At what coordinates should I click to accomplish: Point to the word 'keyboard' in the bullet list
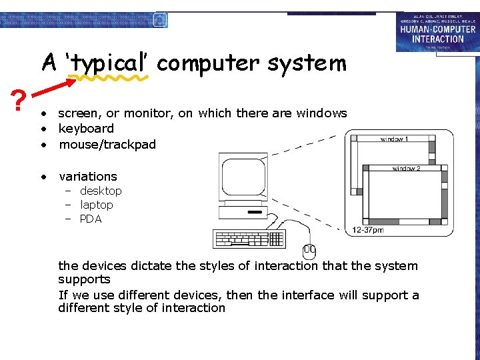(x=86, y=129)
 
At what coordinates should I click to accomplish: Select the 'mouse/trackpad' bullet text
(x=107, y=144)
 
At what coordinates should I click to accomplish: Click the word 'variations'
(x=88, y=177)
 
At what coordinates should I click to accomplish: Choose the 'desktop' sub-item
(x=101, y=191)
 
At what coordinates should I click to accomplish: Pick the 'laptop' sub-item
(x=97, y=205)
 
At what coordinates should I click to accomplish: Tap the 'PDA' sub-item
(x=91, y=219)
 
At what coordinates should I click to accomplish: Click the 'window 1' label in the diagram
(x=395, y=139)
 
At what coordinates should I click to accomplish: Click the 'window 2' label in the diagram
(x=407, y=169)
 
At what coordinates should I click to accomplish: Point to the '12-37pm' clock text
(x=369, y=230)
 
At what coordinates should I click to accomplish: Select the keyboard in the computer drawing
(x=249, y=239)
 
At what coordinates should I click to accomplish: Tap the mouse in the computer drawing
(x=309, y=251)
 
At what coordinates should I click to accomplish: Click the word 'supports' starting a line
(x=84, y=279)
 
